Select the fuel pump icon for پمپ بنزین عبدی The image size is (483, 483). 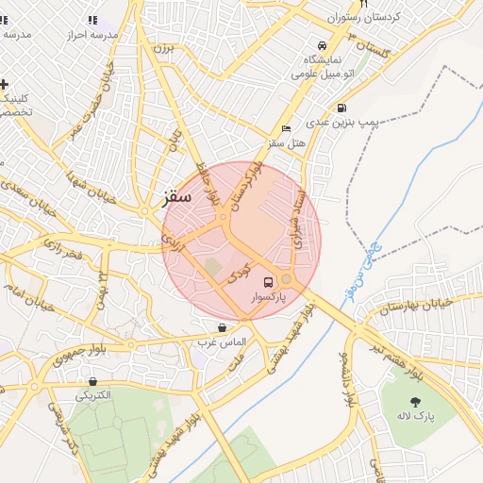pyautogui.click(x=341, y=108)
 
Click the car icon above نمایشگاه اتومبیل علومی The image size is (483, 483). pyautogui.click(x=323, y=45)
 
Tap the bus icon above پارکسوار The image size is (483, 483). pyautogui.click(x=268, y=281)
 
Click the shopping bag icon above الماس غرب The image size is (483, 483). pyautogui.click(x=221, y=327)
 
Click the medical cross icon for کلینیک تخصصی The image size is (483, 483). pyautogui.click(x=4, y=84)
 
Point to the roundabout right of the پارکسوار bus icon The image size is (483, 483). pyautogui.click(x=287, y=279)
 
